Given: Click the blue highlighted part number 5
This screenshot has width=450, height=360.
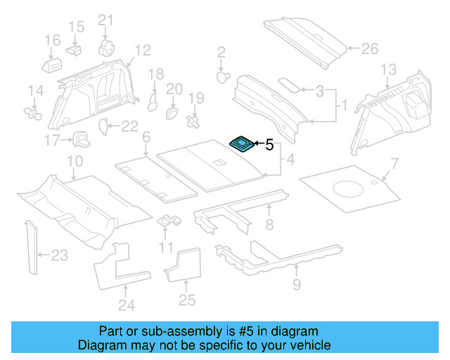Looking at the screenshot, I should pos(243,144).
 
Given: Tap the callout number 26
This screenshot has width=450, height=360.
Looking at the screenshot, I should pos(369,49).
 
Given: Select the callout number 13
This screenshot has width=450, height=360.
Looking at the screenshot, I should pos(388,69).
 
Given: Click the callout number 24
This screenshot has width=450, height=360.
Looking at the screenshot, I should pos(126,305).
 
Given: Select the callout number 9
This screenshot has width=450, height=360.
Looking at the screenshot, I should pos(296,285).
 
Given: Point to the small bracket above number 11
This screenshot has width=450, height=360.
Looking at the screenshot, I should pos(169,221).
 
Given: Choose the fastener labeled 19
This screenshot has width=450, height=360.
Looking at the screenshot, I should pos(192,121).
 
